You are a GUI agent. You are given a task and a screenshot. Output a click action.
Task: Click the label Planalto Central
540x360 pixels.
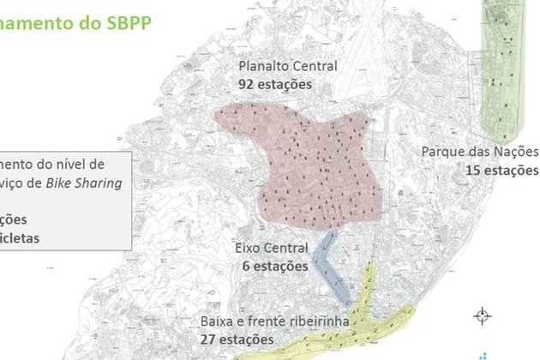click(287, 67)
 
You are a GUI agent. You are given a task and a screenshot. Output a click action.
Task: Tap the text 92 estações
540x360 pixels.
click(275, 84)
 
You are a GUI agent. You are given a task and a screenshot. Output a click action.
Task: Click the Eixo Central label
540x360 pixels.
click(270, 249)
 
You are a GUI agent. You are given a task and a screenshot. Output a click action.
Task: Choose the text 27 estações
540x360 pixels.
click(238, 339)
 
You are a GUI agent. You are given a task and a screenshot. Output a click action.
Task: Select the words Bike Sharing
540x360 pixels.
click(108, 183)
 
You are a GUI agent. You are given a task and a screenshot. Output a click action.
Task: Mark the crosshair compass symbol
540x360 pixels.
click(482, 315)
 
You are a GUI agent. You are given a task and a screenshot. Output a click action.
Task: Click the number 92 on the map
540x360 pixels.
click(248, 84)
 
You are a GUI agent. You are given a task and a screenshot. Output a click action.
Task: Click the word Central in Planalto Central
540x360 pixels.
click(314, 67)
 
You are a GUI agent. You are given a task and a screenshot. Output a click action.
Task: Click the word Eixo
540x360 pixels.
click(248, 249)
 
